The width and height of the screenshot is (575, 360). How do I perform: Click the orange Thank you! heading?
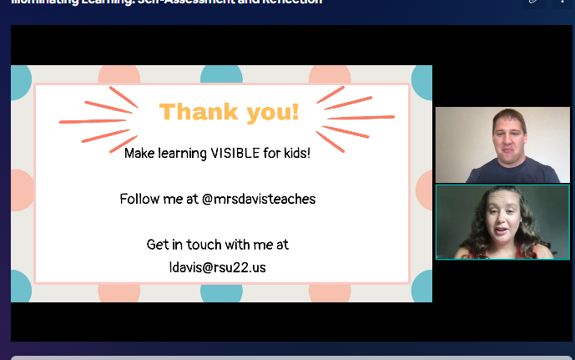coord(229,111)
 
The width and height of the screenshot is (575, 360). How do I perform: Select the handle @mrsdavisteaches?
coord(264,199)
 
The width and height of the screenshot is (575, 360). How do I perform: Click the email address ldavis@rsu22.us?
coord(218,267)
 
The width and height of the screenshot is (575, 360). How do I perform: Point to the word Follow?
coord(139,199)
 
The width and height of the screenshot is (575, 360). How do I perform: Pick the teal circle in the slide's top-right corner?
coord(422,81)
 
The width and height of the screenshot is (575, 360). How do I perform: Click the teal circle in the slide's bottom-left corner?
coord(20,287)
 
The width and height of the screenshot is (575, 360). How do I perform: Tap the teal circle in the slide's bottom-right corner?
coord(422,287)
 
